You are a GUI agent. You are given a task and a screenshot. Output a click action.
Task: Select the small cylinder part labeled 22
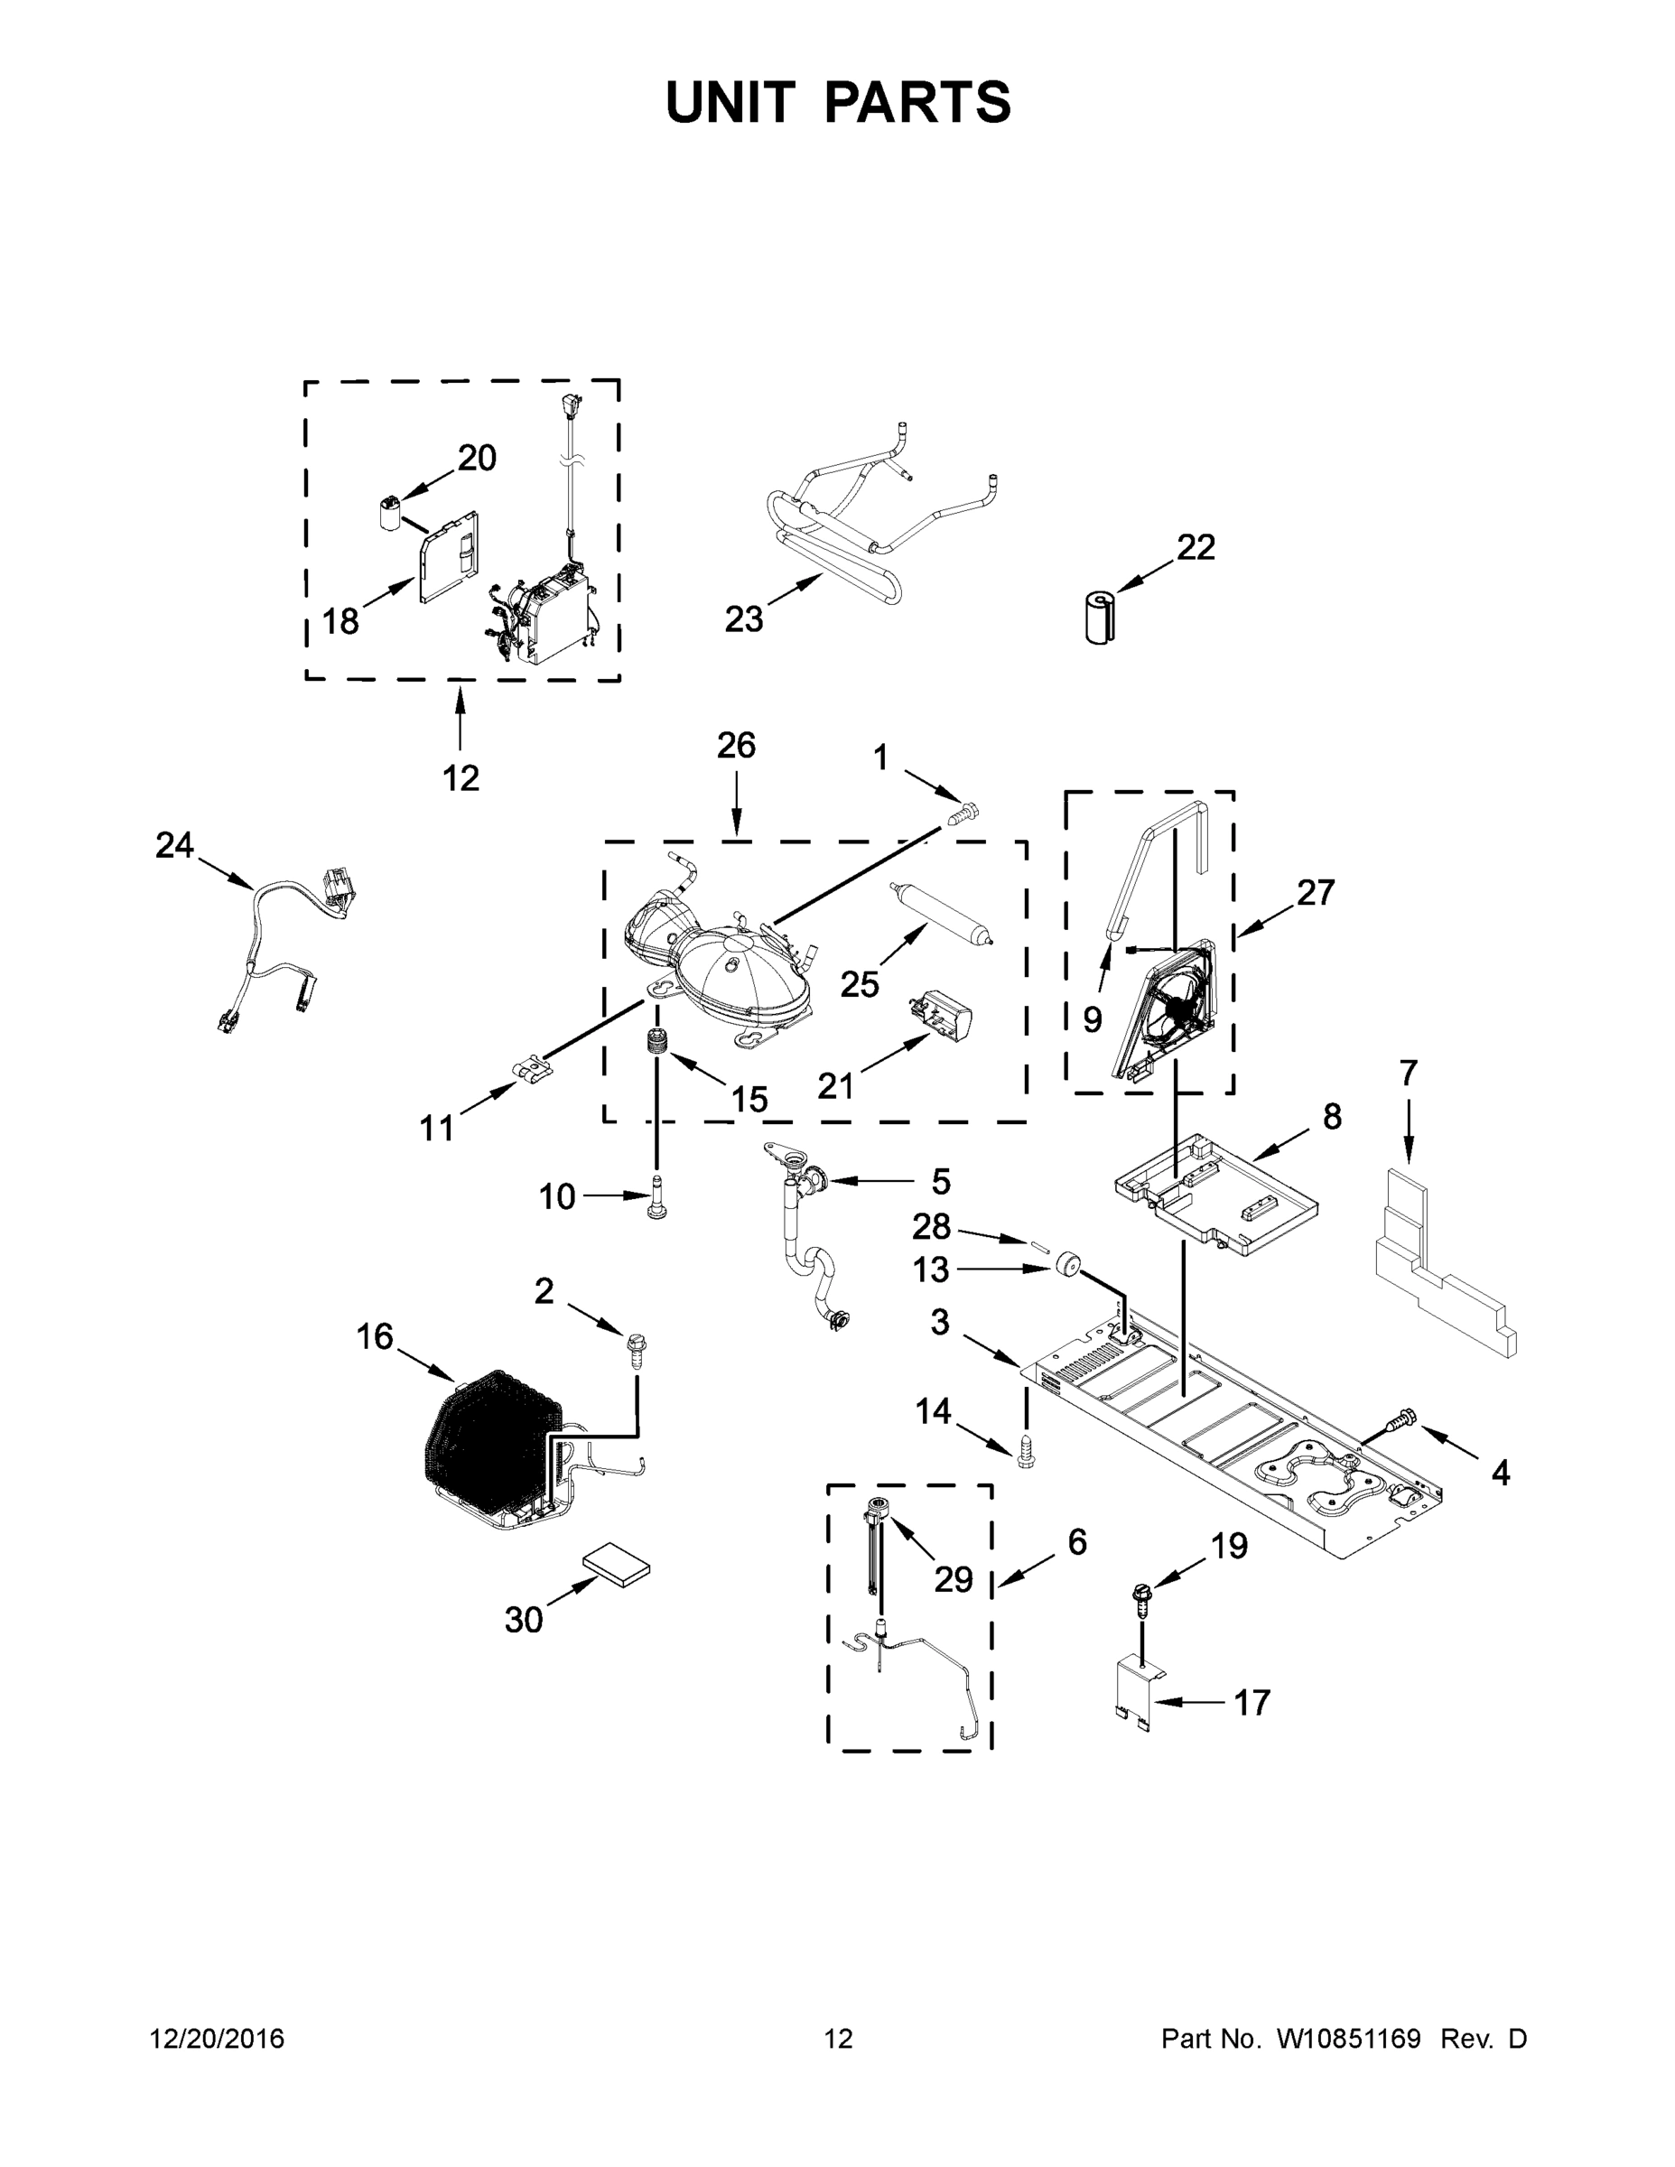coord(1099,618)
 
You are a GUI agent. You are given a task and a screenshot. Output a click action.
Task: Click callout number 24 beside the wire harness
coord(174,845)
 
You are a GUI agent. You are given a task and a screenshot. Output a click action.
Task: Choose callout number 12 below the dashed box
coord(461,778)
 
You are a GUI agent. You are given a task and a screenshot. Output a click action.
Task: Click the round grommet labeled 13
coord(1067,1265)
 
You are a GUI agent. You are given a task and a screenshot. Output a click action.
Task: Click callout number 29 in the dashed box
coord(953,1578)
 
